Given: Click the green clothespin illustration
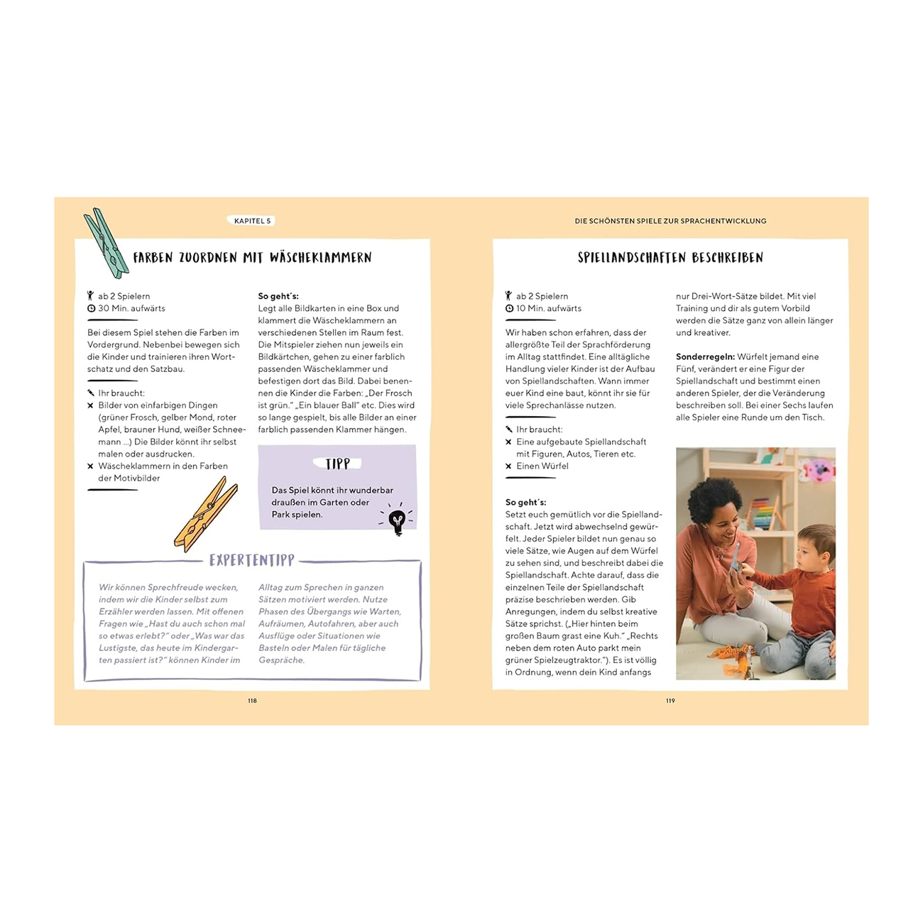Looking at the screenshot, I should [x=106, y=243].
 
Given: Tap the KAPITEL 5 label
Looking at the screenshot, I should [x=252, y=221].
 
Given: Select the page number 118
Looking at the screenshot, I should [x=252, y=701].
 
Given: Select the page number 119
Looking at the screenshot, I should [x=670, y=701].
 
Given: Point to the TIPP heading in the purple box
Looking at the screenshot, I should [x=337, y=464].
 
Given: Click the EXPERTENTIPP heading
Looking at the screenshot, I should [x=252, y=560].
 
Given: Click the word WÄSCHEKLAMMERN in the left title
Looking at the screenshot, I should [x=320, y=258].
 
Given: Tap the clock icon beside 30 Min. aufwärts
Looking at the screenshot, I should [x=91, y=309].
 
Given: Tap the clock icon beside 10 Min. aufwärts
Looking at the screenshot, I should [x=509, y=309].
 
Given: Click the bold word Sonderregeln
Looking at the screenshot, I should [x=704, y=357].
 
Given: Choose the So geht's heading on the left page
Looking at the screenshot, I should [x=278, y=296].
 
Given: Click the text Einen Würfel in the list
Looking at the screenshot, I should [x=542, y=466].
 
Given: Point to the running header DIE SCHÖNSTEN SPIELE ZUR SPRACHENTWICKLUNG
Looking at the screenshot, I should [x=670, y=221].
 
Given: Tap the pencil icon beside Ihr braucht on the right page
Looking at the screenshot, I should [x=509, y=430].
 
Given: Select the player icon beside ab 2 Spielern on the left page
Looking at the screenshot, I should [x=91, y=296].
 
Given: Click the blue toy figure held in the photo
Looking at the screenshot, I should [x=736, y=557].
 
